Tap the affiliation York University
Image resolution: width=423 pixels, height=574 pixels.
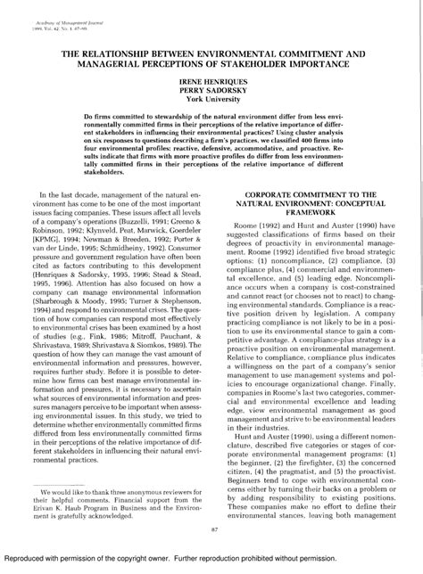[211, 101]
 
